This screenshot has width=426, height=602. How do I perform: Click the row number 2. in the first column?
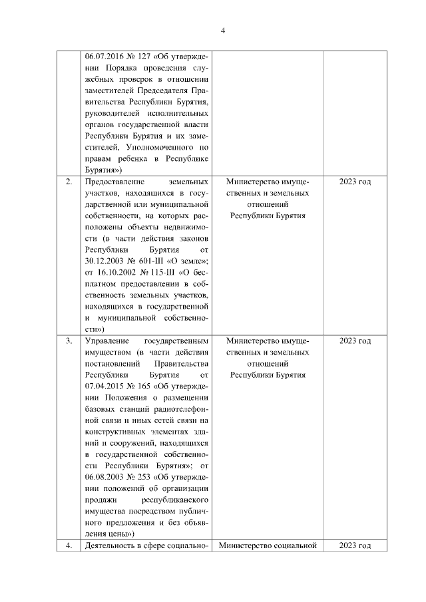(x=68, y=181)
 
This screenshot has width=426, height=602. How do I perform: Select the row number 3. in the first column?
(x=68, y=341)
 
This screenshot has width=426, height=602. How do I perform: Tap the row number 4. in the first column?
(x=68, y=546)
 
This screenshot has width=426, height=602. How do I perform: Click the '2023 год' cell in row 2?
(x=355, y=181)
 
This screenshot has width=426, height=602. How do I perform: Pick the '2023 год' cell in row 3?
(x=355, y=341)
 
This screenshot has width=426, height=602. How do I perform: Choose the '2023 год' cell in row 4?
(x=355, y=546)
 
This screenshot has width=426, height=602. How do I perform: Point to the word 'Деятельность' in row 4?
(x=107, y=546)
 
